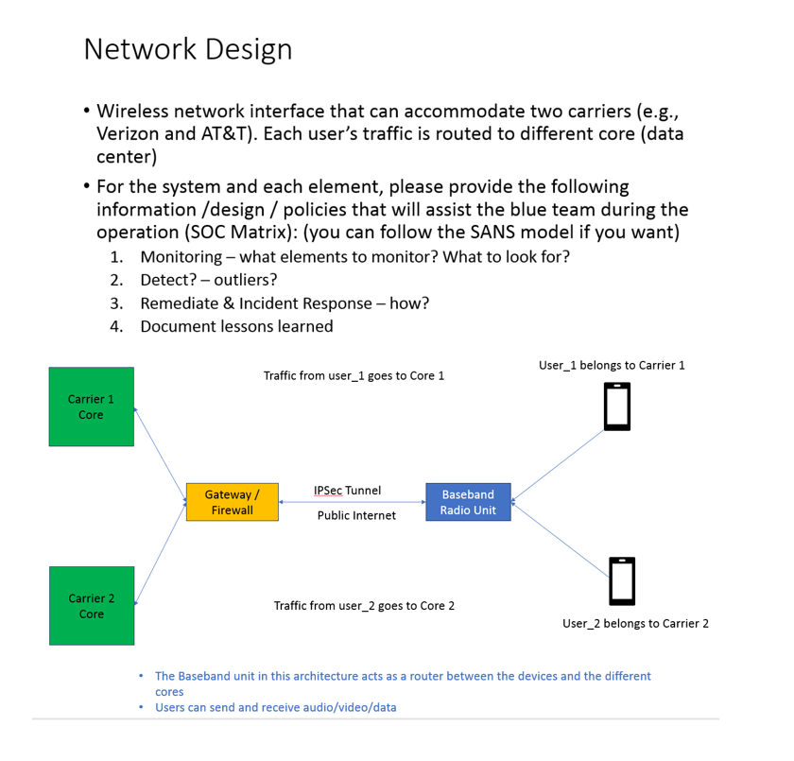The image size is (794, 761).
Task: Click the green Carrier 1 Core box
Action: click(91, 406)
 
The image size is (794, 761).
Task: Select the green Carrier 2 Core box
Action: click(91, 606)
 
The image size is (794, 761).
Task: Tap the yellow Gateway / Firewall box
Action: click(232, 502)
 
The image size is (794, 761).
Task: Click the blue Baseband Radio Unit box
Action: click(468, 502)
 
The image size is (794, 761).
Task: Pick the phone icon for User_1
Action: click(617, 406)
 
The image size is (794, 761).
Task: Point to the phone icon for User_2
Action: click(622, 580)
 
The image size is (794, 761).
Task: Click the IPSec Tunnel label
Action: click(347, 491)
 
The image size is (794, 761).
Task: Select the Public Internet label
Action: click(356, 516)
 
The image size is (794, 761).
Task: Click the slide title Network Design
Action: click(187, 49)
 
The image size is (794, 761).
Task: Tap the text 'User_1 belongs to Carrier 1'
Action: click(611, 365)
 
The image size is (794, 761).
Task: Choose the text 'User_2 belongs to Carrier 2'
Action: click(635, 623)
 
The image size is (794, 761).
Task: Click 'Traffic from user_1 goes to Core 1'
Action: click(354, 375)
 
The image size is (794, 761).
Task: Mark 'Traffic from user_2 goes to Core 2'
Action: click(364, 605)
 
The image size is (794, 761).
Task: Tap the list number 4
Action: click(116, 327)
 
